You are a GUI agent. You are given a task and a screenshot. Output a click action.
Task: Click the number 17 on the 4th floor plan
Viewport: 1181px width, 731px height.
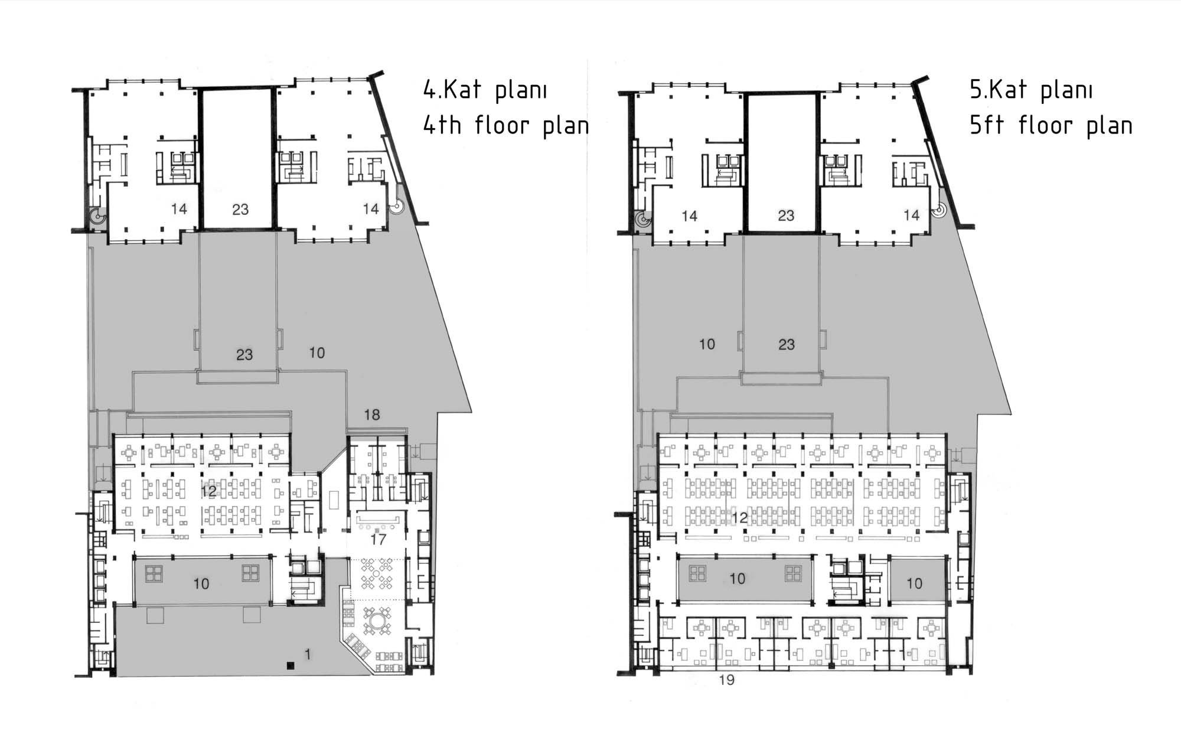tap(378, 539)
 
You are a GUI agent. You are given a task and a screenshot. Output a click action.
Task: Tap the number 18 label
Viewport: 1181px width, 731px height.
tap(372, 415)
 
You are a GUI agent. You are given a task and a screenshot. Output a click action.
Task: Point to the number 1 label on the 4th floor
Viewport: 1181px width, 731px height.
tap(308, 654)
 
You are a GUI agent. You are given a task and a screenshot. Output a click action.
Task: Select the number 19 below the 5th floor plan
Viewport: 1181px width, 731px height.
tap(727, 680)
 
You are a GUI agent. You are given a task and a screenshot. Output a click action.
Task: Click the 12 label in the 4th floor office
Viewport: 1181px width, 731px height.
tap(208, 491)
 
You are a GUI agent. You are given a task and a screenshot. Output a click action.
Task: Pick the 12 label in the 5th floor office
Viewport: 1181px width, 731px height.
tap(739, 518)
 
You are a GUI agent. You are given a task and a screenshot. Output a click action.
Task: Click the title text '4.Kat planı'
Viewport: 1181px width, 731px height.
tap(485, 90)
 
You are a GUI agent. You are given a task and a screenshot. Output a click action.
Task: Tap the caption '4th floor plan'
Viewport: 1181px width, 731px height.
tap(506, 125)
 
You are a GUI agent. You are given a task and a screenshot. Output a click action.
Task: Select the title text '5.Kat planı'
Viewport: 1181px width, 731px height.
tap(1031, 90)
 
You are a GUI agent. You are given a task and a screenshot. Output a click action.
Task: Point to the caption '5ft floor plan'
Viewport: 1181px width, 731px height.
tap(1051, 125)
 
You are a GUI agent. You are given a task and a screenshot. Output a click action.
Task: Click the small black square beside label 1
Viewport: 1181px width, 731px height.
tap(290, 665)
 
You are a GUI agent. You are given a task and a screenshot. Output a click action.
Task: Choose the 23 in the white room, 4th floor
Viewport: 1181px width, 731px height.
tap(240, 209)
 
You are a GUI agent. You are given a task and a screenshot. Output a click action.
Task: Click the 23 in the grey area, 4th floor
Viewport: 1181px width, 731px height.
tap(244, 354)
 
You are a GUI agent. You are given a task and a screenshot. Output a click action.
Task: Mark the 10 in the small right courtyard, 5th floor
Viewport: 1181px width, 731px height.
tap(914, 583)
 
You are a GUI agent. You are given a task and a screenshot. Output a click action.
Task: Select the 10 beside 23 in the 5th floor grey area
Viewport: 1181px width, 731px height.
tap(707, 344)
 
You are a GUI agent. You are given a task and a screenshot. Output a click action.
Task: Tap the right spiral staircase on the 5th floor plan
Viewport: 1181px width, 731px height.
tap(939, 210)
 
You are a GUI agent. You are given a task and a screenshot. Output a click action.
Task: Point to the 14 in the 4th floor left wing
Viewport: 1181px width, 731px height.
tap(179, 208)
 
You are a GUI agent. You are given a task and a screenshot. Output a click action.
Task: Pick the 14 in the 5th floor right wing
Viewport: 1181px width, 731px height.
tap(912, 215)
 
